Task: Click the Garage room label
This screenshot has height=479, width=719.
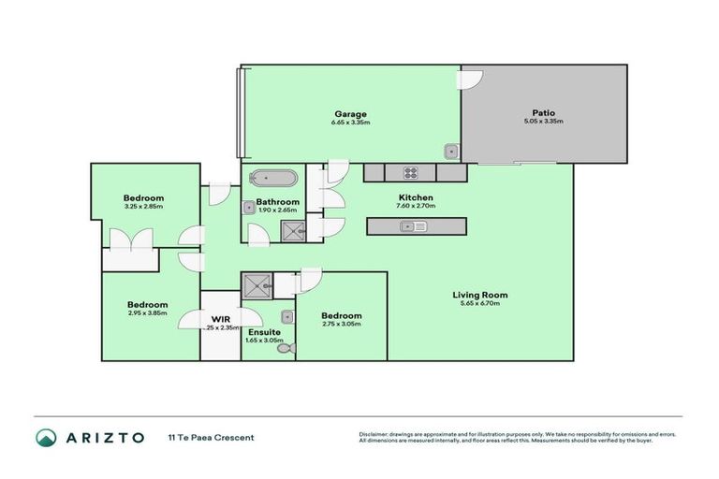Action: pos(347,114)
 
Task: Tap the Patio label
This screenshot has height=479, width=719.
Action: pos(543,114)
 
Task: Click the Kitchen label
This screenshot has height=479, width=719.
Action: pos(416,197)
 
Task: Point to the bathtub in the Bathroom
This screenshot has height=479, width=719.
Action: pos(274,178)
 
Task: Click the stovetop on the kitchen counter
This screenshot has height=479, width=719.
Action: pos(410,172)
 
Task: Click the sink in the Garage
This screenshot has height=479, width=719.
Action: pos(451,151)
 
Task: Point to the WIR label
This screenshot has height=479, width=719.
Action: pos(222,319)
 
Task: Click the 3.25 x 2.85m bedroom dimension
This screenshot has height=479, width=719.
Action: pos(143,207)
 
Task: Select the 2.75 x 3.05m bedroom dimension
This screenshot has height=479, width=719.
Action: pos(341,326)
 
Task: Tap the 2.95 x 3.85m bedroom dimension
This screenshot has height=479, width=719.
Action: pos(147,313)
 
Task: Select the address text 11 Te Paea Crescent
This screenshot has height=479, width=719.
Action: pos(211,437)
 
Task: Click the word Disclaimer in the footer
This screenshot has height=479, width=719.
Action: pos(375,434)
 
